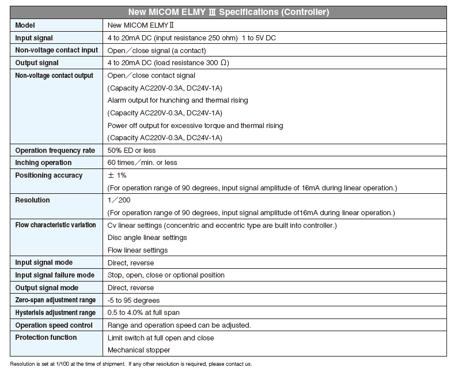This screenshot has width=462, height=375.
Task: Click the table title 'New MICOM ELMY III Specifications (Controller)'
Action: click(x=229, y=12)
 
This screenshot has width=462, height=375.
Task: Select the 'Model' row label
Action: click(x=25, y=25)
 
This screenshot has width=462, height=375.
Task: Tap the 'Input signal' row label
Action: click(x=34, y=38)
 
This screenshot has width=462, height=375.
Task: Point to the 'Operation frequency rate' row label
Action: click(x=55, y=151)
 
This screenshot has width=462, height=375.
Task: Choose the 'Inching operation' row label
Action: click(x=43, y=163)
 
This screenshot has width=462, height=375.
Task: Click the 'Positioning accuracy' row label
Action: click(x=48, y=175)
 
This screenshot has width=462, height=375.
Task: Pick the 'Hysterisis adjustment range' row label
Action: click(x=55, y=313)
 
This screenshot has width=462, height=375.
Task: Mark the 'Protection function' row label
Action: click(x=46, y=337)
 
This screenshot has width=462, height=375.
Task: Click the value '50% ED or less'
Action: click(x=131, y=151)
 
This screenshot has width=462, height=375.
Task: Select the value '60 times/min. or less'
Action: click(x=143, y=163)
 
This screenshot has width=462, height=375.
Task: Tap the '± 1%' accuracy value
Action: click(x=117, y=175)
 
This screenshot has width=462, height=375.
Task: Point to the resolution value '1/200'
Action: click(x=119, y=200)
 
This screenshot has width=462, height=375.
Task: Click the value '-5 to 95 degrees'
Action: click(x=134, y=301)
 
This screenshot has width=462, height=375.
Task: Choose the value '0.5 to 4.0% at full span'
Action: click(x=145, y=313)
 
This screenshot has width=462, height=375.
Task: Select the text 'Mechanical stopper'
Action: click(x=139, y=350)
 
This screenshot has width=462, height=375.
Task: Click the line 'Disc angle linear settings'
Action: click(x=147, y=238)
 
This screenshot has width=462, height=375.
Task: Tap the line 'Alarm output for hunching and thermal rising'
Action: click(x=178, y=100)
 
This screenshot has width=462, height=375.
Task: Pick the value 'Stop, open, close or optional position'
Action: click(x=166, y=275)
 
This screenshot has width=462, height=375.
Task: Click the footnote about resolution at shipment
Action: click(x=131, y=364)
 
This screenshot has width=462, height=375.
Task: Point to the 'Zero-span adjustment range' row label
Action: click(x=55, y=301)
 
